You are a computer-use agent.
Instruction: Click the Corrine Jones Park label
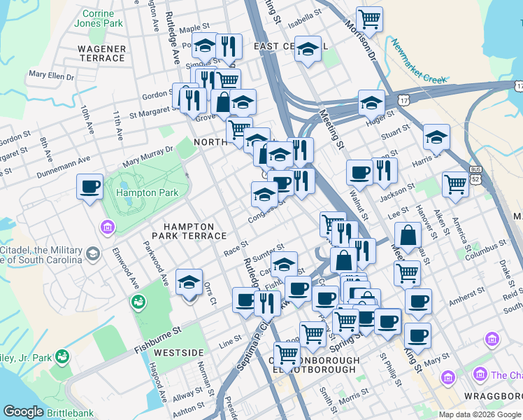102,18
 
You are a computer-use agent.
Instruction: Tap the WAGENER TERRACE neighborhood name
102,53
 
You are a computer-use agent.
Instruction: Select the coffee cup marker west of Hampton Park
89,187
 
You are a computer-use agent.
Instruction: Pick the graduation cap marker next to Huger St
371,103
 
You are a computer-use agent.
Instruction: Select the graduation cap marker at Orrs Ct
189,282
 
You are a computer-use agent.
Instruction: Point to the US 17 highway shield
405,101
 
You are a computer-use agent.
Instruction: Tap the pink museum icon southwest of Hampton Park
108,227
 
